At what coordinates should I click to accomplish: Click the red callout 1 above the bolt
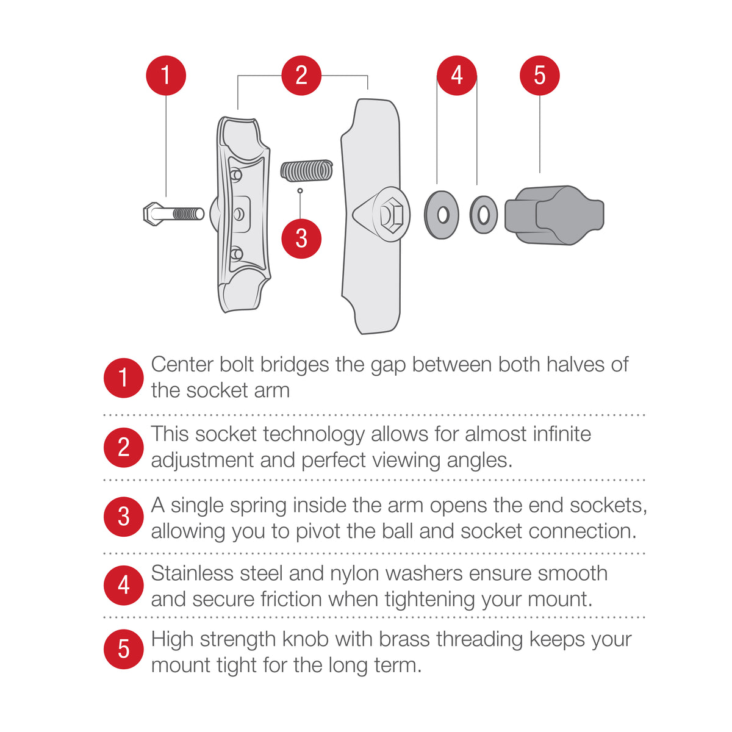coord(165,76)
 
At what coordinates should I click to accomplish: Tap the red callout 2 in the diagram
coord(301,76)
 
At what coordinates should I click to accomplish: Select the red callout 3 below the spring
coord(301,239)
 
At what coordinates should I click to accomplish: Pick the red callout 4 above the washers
coord(457,76)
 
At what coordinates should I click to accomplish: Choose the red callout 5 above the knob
coord(540,76)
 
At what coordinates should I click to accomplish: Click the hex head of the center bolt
coord(152,214)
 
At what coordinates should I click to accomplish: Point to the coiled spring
coord(306,171)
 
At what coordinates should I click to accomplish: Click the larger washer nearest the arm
coord(442,215)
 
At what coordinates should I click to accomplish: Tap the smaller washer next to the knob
coord(484,215)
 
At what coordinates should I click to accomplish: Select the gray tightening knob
coord(554,215)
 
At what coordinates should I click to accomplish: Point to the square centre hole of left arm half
coord(240,214)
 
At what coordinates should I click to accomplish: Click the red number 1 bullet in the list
coord(123,378)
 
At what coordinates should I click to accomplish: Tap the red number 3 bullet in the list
coord(123,517)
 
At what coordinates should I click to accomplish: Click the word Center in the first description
coord(182,365)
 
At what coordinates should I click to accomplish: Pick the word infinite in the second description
coord(562,434)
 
